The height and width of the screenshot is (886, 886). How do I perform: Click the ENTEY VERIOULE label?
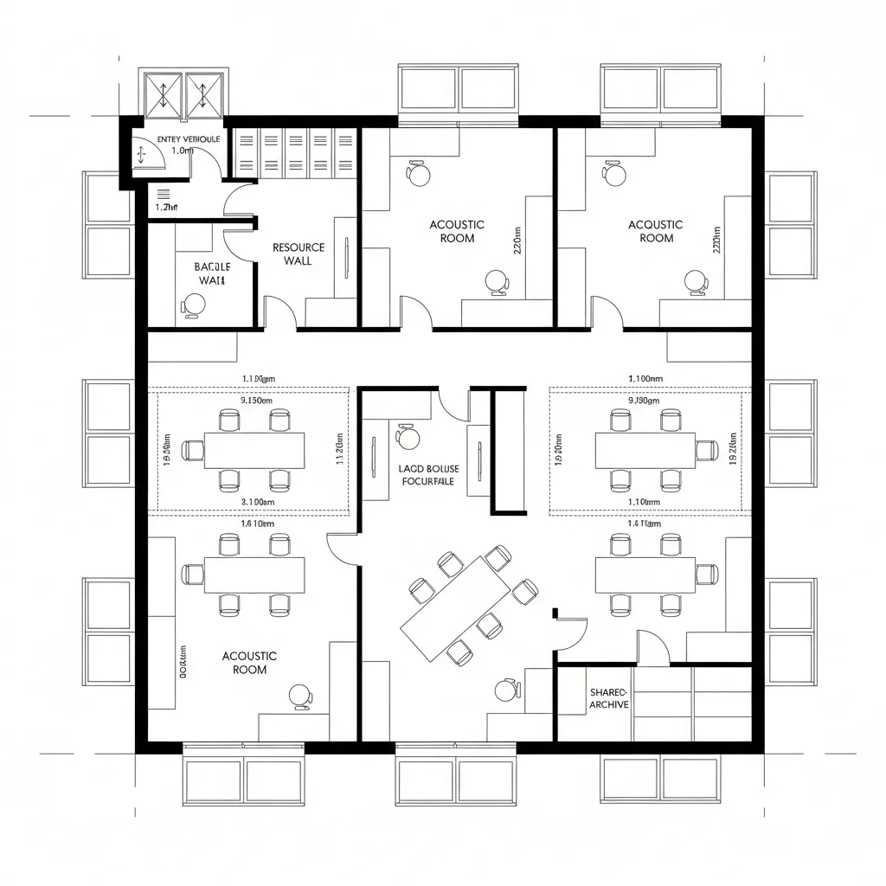click(x=189, y=138)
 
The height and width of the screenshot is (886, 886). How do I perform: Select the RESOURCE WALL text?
click(x=299, y=254)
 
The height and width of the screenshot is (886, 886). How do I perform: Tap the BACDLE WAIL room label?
click(x=210, y=273)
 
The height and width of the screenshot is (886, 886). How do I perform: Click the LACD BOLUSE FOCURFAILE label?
click(x=429, y=475)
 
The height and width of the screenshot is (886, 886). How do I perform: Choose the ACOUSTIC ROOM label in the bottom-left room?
click(x=249, y=663)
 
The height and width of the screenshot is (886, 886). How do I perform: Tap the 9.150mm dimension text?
click(x=255, y=401)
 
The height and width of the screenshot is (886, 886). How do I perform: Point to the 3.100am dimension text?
click(x=256, y=501)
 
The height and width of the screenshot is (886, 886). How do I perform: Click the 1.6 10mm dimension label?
click(x=256, y=523)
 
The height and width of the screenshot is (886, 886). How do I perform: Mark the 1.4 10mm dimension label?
click(x=644, y=523)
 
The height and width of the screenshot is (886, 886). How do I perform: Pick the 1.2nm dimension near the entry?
click(x=166, y=207)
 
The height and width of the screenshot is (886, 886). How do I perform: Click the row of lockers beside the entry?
click(x=296, y=151)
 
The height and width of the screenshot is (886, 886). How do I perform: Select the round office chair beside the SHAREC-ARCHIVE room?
click(x=506, y=690)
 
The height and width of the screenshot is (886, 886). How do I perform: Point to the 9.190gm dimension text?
click(x=644, y=401)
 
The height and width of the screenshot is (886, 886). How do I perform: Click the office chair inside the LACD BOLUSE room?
click(x=408, y=437)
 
